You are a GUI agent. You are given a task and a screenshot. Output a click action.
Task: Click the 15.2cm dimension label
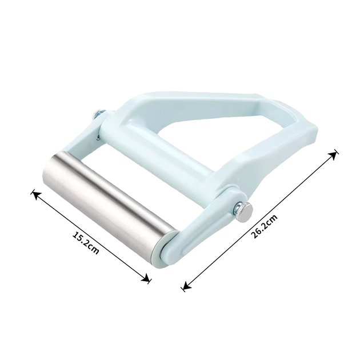86,243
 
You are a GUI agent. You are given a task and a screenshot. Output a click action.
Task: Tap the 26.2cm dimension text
264,226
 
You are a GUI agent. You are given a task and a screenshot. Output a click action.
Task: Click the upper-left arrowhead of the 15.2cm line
35,195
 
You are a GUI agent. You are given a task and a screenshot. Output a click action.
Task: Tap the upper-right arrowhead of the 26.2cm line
333,154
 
